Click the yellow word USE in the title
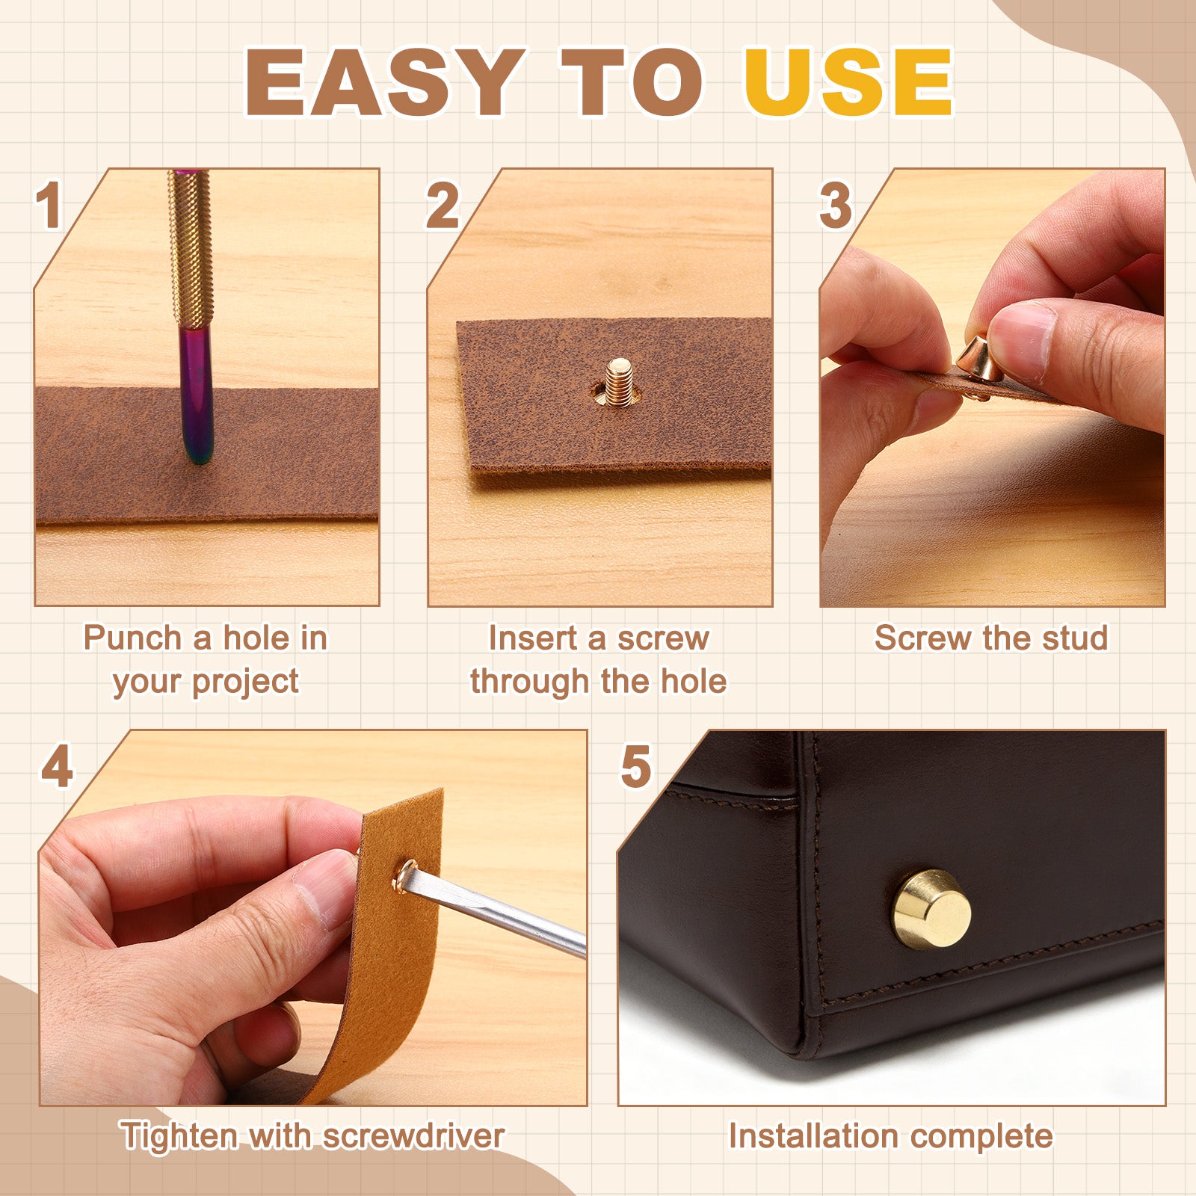point(848,81)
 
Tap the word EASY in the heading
point(384,81)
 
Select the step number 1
point(49,205)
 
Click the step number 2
point(443,205)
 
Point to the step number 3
point(835,205)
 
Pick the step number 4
point(57,766)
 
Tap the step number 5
point(635,766)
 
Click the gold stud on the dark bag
point(931,909)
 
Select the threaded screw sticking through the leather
point(618,382)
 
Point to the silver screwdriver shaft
point(497,912)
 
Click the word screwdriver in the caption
point(413,1136)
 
